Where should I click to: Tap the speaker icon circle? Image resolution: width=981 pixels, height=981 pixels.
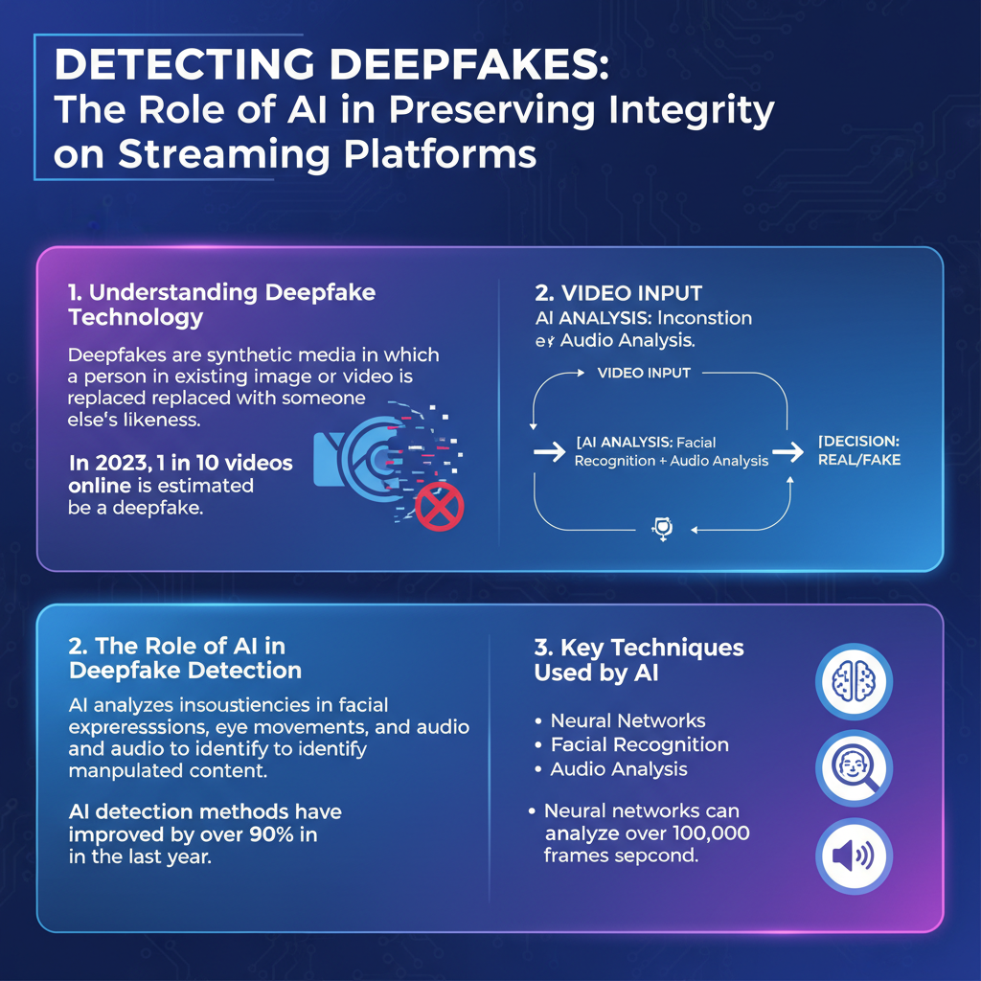[852, 856]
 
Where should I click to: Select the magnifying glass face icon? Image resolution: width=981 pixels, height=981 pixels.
[852, 769]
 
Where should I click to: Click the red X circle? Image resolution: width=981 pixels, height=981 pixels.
[440, 506]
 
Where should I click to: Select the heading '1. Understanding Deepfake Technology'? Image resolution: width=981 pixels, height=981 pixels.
[222, 305]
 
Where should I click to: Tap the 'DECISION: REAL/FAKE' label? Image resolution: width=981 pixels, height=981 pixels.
[858, 450]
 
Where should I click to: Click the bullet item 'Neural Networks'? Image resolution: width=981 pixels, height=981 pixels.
[627, 720]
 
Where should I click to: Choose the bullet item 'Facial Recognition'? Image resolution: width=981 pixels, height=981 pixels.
[639, 744]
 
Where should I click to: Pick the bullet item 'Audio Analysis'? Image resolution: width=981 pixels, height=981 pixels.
[618, 769]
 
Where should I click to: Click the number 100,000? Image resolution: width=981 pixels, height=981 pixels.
[698, 833]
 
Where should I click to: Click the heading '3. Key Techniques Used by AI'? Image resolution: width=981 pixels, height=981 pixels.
[639, 660]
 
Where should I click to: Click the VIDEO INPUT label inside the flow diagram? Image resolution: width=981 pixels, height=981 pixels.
[644, 373]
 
